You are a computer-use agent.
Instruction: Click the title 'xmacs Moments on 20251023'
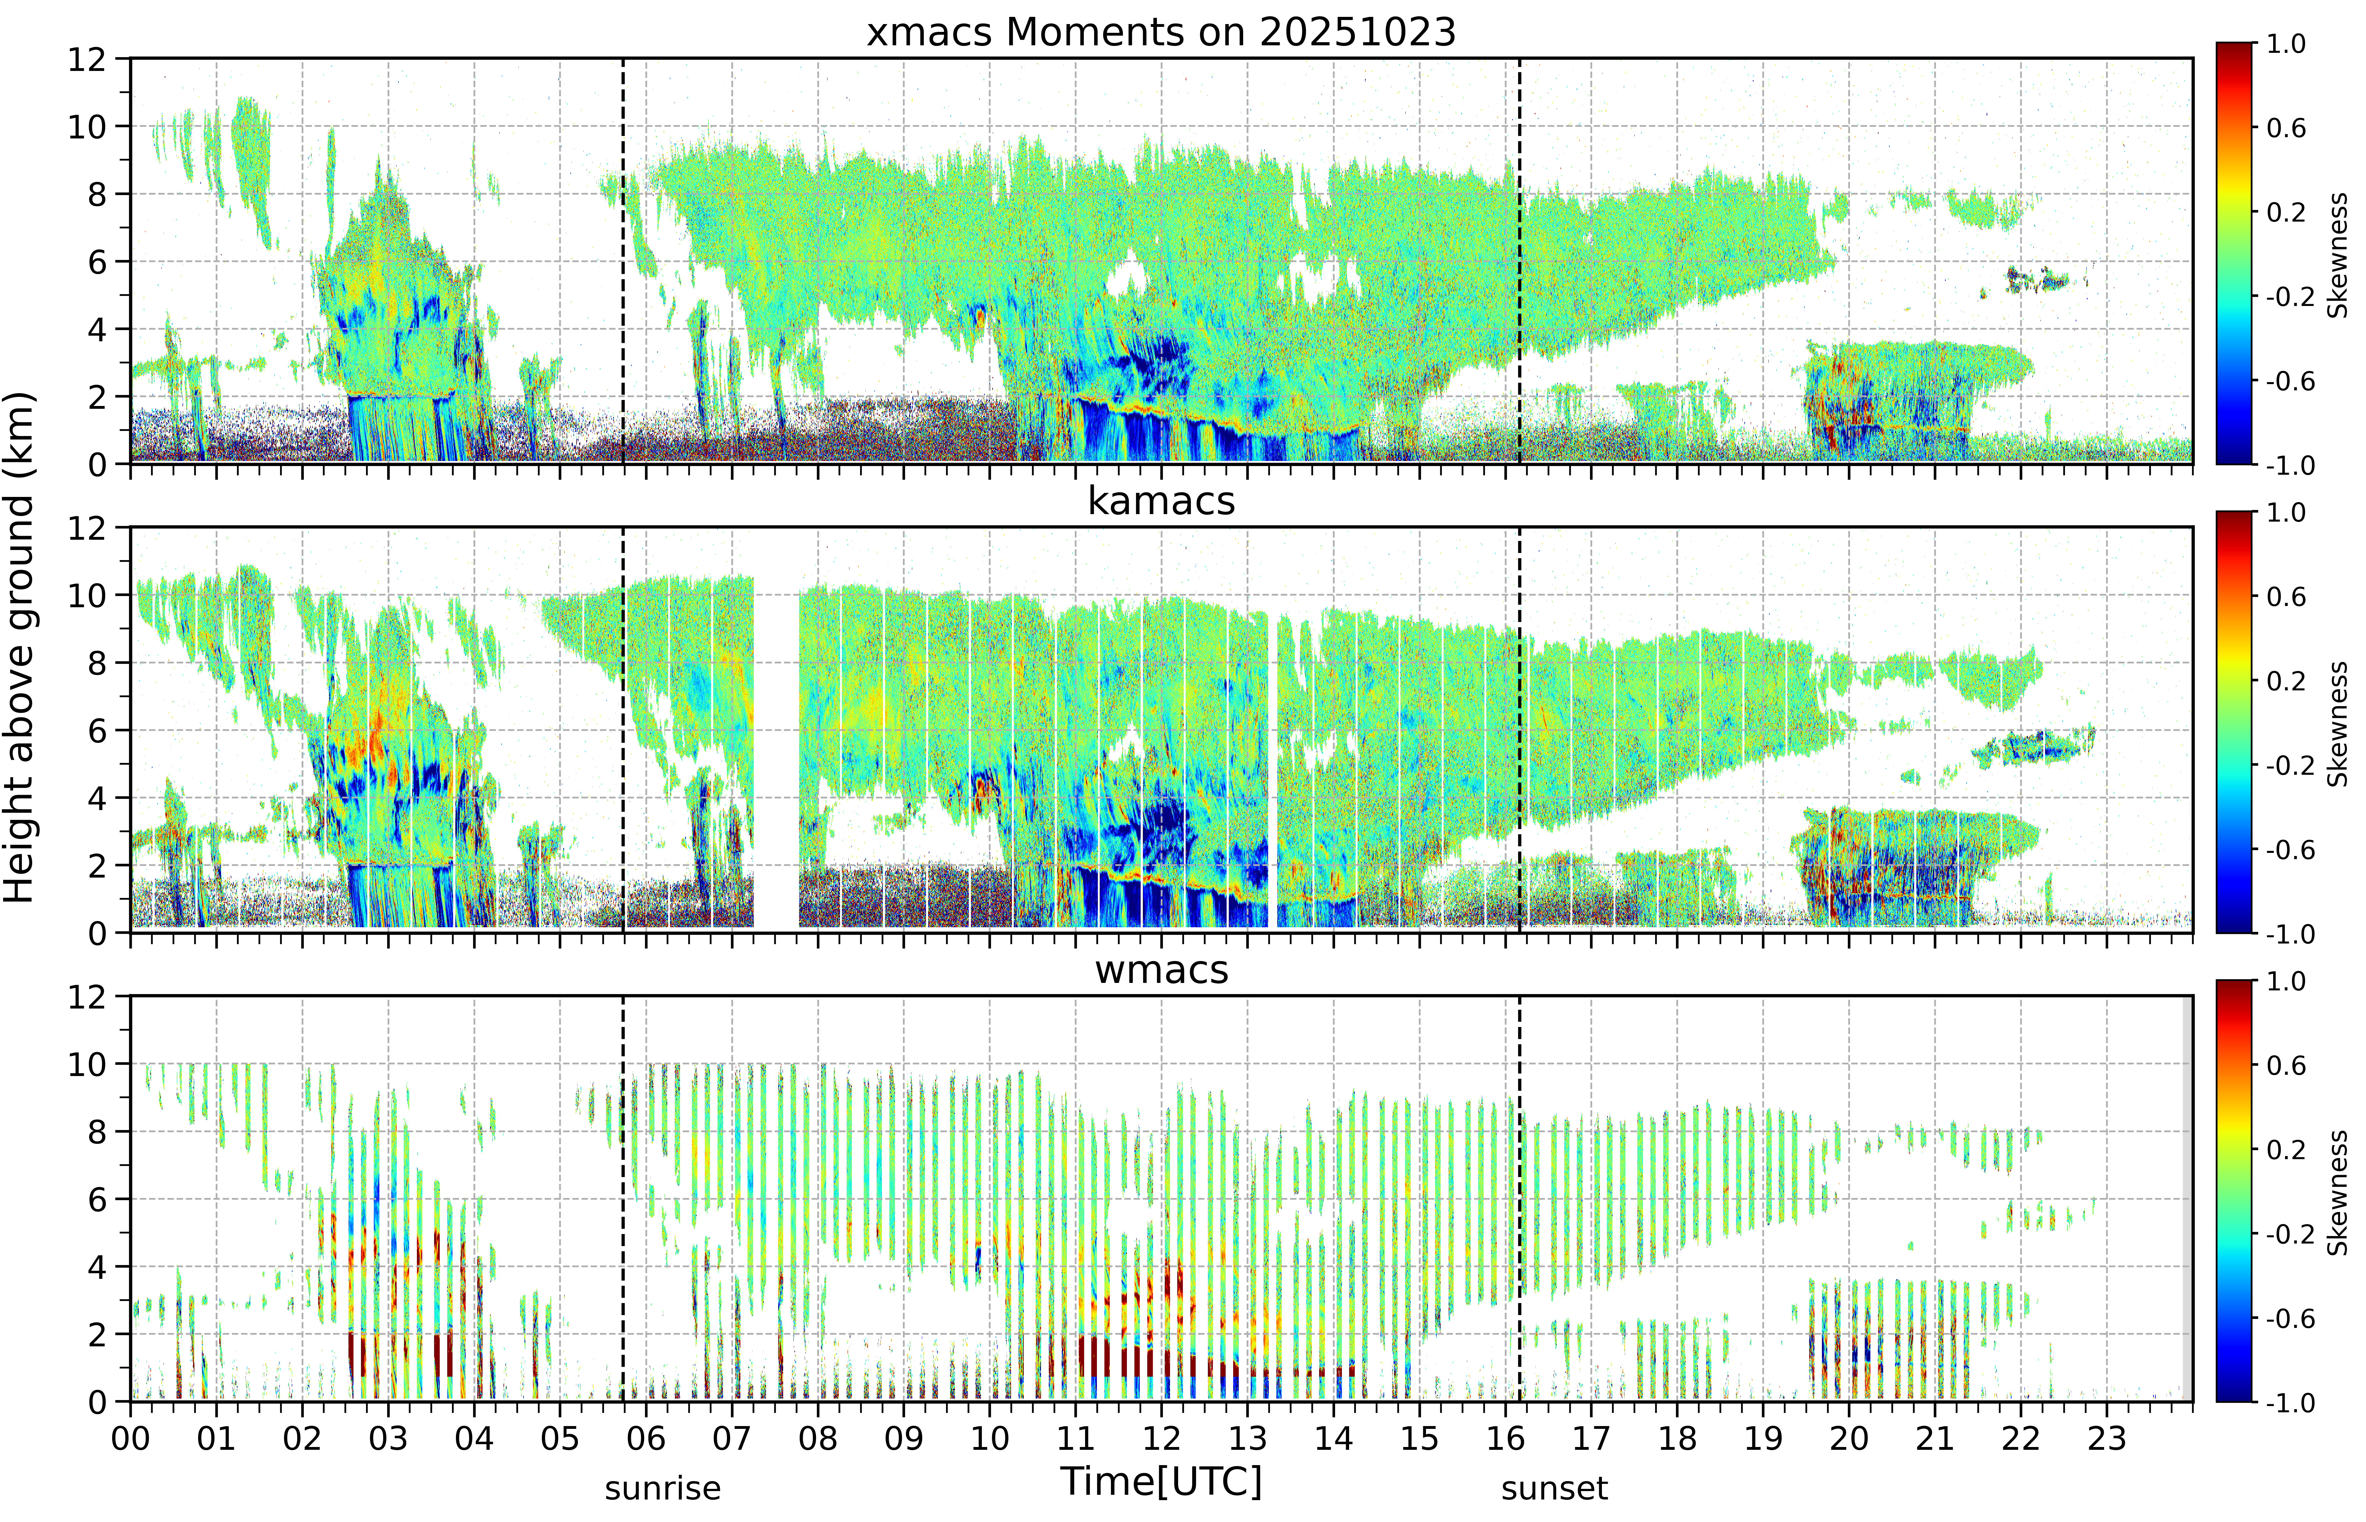[1161, 33]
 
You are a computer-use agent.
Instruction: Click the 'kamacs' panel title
[1161, 501]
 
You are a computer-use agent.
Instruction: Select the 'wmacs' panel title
[1161, 969]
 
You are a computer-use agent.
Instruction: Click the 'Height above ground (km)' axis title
[20, 647]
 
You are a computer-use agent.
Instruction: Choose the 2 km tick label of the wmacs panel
[97, 1334]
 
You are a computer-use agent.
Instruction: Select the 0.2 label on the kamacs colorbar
[2286, 681]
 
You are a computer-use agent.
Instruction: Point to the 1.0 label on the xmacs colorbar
[2286, 43]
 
